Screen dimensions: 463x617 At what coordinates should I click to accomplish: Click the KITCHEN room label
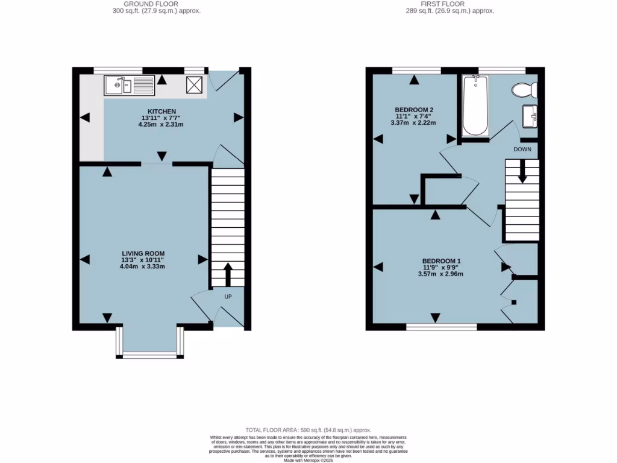(x=158, y=112)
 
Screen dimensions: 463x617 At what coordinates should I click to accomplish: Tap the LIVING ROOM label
(x=143, y=253)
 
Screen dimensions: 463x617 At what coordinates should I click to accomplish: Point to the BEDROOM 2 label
(x=415, y=110)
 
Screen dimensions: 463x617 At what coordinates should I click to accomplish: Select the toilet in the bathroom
(x=524, y=90)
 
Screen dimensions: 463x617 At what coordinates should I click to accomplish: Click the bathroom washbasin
(x=530, y=116)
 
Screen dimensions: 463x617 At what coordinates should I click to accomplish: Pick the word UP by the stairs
(x=228, y=297)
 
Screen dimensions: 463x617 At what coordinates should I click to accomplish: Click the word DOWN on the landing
(x=522, y=149)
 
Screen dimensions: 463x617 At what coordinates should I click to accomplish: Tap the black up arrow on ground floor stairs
(x=228, y=274)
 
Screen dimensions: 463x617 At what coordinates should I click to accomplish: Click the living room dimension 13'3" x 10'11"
(x=143, y=260)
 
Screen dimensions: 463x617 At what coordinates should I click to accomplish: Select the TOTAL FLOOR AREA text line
(x=308, y=430)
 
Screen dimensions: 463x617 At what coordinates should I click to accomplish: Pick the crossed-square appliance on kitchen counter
(x=195, y=85)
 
